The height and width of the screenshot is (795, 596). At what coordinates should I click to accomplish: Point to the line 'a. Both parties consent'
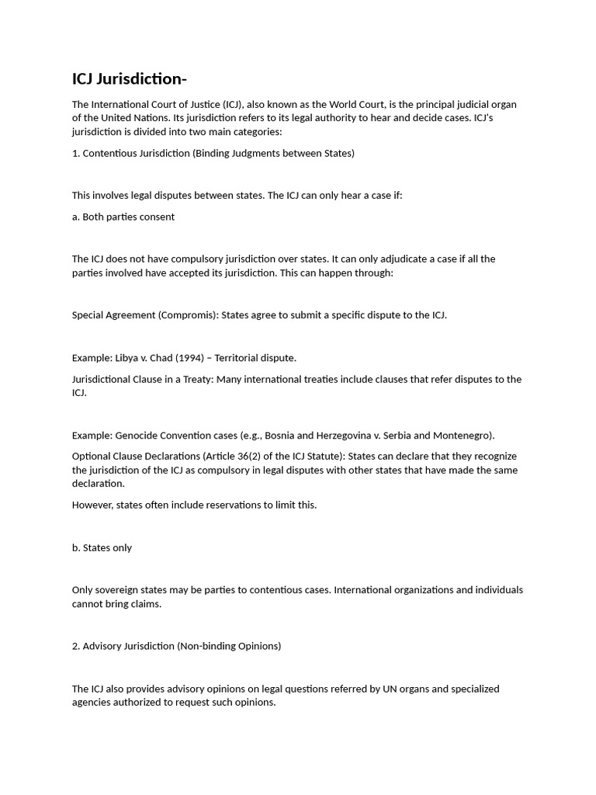coord(123,217)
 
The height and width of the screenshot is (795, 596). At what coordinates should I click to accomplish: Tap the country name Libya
coord(126,358)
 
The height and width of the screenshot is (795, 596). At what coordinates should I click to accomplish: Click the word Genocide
coord(138,436)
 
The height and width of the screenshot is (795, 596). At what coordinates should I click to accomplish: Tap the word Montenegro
coord(463,436)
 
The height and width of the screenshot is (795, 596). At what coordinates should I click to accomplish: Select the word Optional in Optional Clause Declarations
coord(92,457)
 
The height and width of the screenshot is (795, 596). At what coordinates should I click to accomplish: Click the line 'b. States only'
coord(102,547)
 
